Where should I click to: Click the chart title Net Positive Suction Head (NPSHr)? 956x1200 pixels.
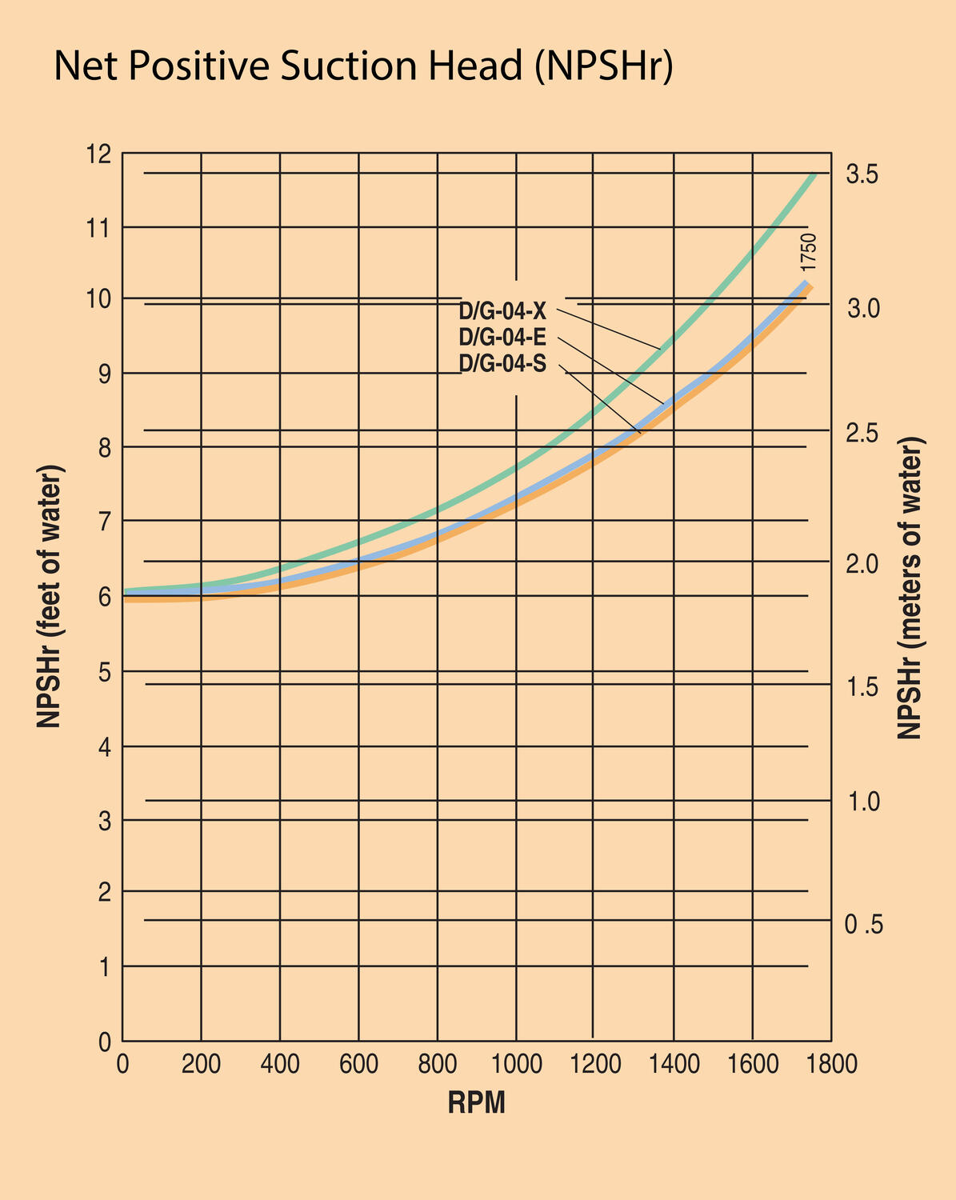[363, 66]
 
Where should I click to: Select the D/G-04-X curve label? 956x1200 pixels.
[502, 310]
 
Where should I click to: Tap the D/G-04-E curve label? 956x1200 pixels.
[502, 337]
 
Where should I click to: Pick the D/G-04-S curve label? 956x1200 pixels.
[502, 364]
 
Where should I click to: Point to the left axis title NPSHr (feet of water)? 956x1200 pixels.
[50, 596]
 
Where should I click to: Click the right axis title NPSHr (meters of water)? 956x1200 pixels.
[910, 588]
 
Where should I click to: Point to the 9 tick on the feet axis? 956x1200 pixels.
[105, 374]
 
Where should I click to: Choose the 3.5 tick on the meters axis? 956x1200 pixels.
[863, 174]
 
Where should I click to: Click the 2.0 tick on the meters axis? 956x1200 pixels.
[863, 564]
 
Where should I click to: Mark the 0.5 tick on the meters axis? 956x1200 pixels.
[863, 925]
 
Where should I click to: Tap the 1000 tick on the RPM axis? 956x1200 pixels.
[516, 1065]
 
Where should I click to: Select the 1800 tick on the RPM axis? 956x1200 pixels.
[830, 1065]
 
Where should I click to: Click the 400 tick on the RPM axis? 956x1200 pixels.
[279, 1065]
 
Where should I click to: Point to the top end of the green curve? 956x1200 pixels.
[814, 175]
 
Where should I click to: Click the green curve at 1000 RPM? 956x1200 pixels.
[516, 467]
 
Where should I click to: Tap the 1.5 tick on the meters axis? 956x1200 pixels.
[863, 687]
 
